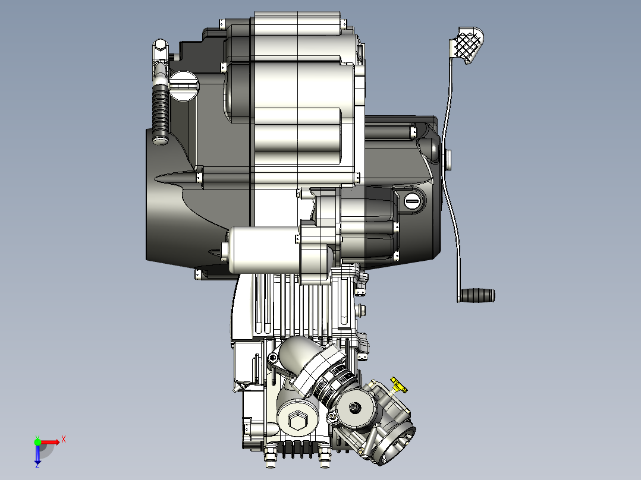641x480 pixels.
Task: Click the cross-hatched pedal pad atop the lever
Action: pos(467,45)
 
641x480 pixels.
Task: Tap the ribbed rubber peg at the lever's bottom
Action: pos(477,295)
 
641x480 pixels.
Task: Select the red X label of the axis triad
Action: pos(64,440)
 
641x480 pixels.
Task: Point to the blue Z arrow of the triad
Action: pos(37,454)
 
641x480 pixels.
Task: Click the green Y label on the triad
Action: pos(37,437)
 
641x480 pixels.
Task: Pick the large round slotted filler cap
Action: pos(184,86)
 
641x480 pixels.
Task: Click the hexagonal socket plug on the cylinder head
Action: pos(297,420)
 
